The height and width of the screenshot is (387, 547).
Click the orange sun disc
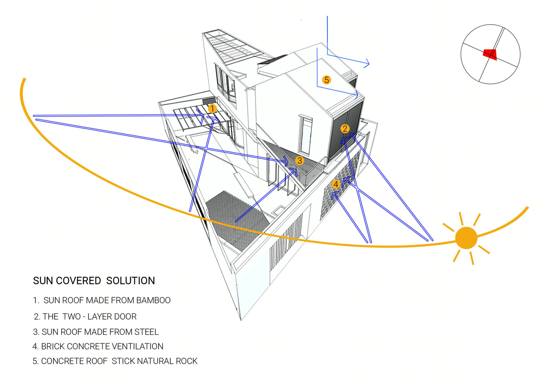tap(466, 238)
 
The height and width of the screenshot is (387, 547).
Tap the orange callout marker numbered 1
tap(212, 109)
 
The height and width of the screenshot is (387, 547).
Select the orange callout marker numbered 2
tap(345, 128)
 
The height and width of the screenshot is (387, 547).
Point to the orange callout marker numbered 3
tap(299, 161)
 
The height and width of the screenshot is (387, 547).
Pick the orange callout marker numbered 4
tap(336, 184)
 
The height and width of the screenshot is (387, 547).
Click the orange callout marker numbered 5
tap(326, 80)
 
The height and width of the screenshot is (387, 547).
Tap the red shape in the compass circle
tap(490, 55)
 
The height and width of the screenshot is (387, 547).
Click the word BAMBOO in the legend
tap(153, 300)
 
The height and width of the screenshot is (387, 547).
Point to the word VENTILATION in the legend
tap(139, 346)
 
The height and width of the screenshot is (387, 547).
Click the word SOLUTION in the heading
tap(130, 281)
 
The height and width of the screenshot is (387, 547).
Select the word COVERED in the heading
tap(78, 281)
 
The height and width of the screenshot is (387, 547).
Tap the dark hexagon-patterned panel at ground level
tap(237, 221)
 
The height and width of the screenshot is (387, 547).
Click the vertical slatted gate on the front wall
tap(286, 240)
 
